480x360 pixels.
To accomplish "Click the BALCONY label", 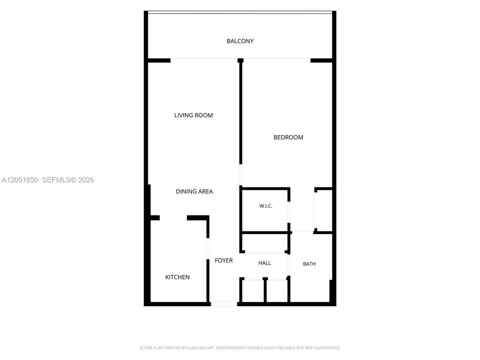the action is point(240,41).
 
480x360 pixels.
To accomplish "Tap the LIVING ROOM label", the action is point(193,115).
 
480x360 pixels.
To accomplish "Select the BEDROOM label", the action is point(288,137).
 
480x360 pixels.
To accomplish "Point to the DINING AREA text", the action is point(194,191).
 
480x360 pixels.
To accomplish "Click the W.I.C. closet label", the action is point(265,206).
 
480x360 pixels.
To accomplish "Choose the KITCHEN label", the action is point(177,277).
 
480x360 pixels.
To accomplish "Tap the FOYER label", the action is point(223,260).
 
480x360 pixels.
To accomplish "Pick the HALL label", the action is point(264,263).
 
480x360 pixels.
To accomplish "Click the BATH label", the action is point(309,264).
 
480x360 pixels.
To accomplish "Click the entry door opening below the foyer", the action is point(224,304).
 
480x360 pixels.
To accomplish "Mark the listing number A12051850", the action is point(19,180).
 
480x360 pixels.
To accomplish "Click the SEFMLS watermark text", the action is point(56,180).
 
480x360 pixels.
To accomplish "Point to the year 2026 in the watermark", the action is point(86,180).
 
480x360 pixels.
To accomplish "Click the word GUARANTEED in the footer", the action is point(327,348).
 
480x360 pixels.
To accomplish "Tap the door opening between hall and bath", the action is point(288,265).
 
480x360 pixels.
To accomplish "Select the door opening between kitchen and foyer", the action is point(208,248).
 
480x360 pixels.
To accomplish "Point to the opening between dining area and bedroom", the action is point(240,175).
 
